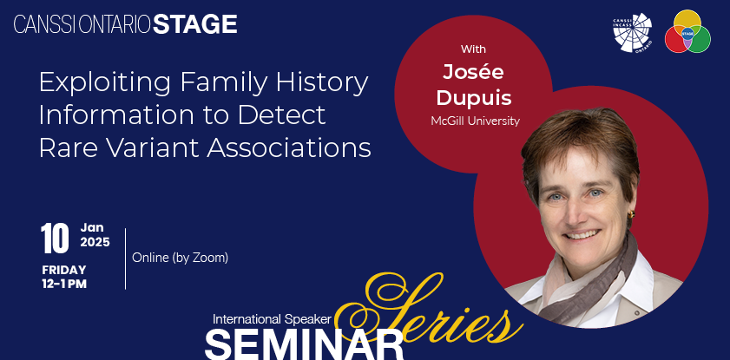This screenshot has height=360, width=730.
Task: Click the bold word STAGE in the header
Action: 195,24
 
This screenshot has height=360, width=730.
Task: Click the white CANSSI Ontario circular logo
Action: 632,33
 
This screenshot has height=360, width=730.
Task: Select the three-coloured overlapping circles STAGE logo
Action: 687,31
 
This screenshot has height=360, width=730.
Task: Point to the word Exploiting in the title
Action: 107,83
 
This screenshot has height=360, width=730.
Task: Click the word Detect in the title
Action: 281,115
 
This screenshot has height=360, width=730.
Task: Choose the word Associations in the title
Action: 289,148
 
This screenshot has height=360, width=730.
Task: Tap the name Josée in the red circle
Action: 473,72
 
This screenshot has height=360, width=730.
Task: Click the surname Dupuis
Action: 474,98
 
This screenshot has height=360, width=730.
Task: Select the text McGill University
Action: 475,121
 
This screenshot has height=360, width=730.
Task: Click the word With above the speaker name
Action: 473,49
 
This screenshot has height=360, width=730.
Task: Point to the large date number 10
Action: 55,239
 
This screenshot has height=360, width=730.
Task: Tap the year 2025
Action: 95,242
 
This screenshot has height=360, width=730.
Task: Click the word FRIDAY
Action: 64,270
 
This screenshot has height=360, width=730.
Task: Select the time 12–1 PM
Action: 64,285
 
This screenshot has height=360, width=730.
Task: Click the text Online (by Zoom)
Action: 181,258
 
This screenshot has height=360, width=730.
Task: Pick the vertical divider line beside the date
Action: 126,259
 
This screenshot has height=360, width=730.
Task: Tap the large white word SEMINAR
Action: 304,344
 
